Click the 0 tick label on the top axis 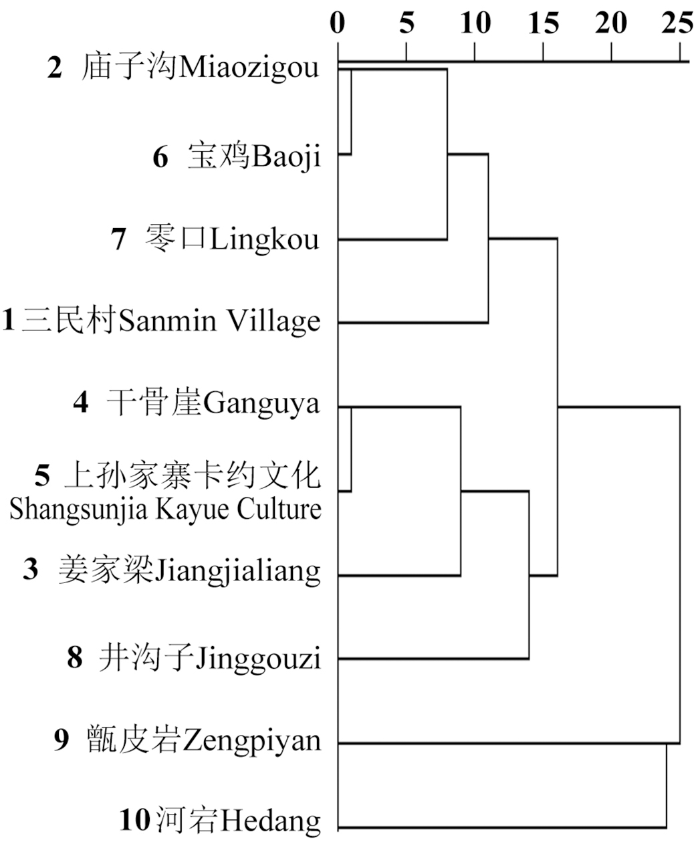[338, 24]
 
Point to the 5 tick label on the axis [406, 24]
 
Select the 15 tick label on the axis [544, 24]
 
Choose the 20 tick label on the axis [612, 24]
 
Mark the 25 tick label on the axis [677, 24]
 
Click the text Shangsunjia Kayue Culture [166, 509]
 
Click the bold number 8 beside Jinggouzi [74, 659]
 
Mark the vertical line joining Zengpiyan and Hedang [667, 786]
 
